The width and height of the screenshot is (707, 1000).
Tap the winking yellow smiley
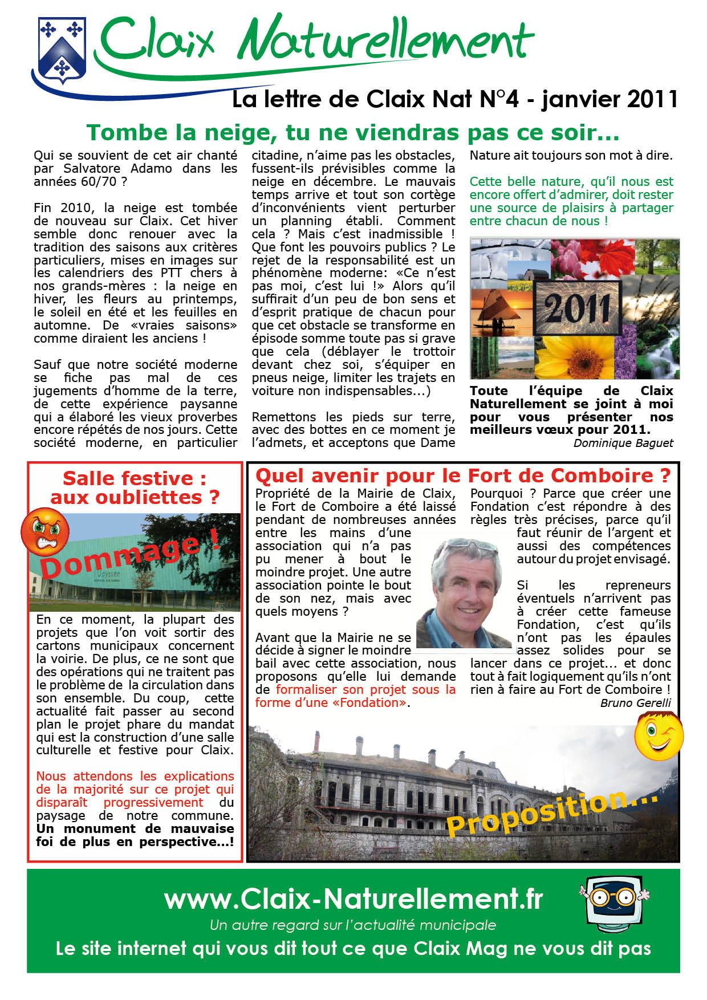pos(659,735)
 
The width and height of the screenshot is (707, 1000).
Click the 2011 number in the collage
pos(577,308)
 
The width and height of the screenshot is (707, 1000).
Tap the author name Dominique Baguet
pos(623,443)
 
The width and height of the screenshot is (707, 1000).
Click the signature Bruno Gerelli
pos(635,703)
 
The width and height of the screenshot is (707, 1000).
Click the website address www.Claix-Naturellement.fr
pos(353,899)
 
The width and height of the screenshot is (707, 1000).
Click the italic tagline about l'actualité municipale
pos(353,925)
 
